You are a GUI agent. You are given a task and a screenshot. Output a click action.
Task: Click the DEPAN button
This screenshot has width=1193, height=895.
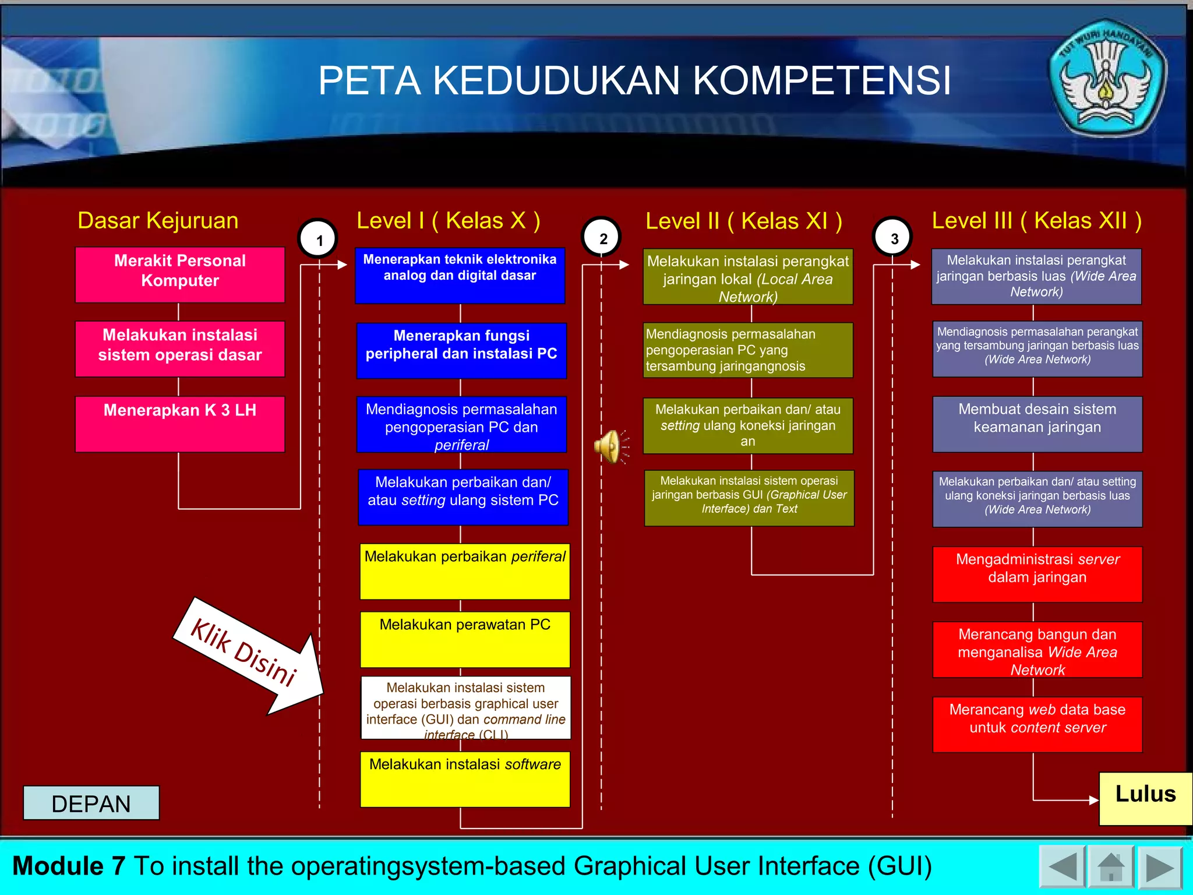[91, 803]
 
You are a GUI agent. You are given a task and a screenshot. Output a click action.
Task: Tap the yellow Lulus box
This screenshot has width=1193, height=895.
[1145, 798]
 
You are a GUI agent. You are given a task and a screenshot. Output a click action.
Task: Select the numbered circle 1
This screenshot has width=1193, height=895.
[318, 239]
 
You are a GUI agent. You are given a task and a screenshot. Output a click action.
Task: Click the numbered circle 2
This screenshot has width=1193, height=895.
[602, 238]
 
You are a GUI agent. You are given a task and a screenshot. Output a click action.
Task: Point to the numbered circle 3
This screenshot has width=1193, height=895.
[893, 238]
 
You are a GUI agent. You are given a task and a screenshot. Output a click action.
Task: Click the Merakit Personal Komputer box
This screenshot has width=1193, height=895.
[180, 274]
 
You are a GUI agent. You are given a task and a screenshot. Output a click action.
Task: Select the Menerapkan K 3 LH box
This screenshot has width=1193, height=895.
[180, 424]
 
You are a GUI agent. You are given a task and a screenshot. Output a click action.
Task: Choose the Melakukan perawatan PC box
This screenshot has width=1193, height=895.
[465, 639]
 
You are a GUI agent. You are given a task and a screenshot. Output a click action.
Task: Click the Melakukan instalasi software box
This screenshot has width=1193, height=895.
[465, 779]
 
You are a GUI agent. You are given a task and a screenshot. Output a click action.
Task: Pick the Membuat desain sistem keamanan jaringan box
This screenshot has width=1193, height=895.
[1037, 424]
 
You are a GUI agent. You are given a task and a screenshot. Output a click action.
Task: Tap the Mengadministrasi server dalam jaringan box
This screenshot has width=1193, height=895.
[1037, 574]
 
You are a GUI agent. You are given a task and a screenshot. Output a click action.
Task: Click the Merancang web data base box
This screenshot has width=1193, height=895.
[1037, 724]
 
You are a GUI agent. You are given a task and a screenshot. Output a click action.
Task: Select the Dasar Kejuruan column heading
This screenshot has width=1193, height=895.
[158, 221]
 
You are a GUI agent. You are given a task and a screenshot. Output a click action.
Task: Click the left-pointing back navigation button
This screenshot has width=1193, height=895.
[1062, 867]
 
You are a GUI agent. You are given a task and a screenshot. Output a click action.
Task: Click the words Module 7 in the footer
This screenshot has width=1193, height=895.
[69, 866]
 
